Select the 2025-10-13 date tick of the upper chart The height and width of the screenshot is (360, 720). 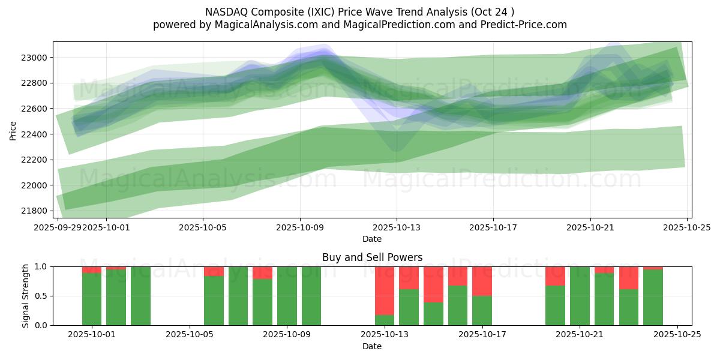[396, 228]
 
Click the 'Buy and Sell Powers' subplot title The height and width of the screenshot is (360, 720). [372, 257]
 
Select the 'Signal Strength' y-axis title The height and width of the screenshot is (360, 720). [25, 296]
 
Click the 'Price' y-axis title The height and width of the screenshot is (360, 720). [13, 130]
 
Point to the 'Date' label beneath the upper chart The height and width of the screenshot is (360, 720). [372, 239]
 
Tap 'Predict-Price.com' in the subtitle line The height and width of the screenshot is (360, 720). [524, 25]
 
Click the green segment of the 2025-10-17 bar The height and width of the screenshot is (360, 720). [482, 310]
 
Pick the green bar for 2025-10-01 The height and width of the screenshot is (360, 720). [92, 299]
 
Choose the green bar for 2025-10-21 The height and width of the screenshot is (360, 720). [580, 296]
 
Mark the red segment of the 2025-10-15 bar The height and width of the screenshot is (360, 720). [433, 284]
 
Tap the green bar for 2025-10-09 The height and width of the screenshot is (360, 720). [287, 296]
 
